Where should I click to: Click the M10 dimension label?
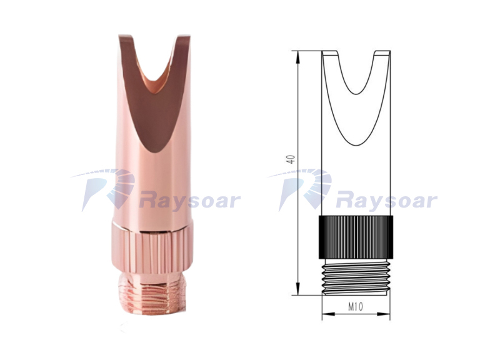(356, 307)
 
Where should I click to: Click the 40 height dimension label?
(291, 159)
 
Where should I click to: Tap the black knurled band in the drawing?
(356, 237)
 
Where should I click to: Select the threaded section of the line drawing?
(356, 276)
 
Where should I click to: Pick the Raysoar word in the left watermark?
(189, 201)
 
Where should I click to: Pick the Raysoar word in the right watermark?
(386, 201)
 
